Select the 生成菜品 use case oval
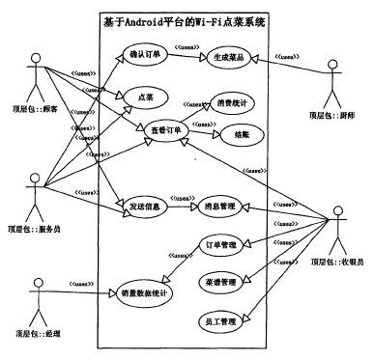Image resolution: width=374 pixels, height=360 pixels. [x=227, y=58]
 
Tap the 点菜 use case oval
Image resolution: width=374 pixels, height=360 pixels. [x=144, y=96]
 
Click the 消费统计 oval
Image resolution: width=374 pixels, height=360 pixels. [x=232, y=102]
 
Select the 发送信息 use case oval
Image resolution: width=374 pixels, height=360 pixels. [x=145, y=205]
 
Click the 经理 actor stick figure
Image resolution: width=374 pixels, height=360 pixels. [x=38, y=294]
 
